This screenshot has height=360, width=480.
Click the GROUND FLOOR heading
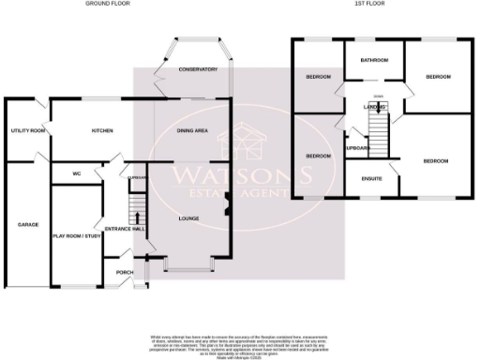pos(108,4)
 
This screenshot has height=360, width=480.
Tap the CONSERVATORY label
pos(198,69)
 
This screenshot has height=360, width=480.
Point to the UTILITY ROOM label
pos(27,131)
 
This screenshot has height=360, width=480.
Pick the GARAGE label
pos(26,225)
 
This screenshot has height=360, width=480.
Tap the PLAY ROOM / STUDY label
pos(76,236)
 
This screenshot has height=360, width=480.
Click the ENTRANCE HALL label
pos(124,229)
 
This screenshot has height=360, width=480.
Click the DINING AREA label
pos(192,131)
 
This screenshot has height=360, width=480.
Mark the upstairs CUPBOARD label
pos(357,148)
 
